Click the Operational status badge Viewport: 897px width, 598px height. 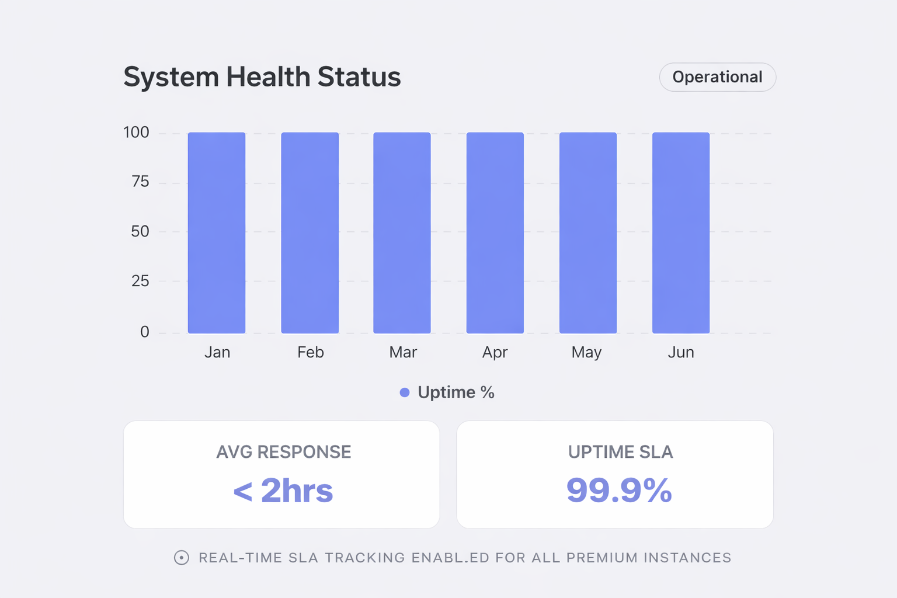click(x=717, y=77)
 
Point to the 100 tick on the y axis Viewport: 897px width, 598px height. click(x=136, y=133)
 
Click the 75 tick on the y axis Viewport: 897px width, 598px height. click(x=140, y=182)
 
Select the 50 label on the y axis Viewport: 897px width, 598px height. click(x=140, y=232)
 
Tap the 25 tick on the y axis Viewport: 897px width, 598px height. click(x=140, y=281)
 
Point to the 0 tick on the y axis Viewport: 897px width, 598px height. click(x=144, y=332)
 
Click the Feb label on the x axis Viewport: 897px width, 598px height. click(x=310, y=352)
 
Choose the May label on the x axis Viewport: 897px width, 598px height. click(x=586, y=352)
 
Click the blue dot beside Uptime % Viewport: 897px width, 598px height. click(x=404, y=392)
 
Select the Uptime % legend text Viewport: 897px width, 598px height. click(x=456, y=392)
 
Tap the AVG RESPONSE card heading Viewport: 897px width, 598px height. click(x=284, y=452)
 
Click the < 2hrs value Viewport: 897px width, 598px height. click(x=283, y=491)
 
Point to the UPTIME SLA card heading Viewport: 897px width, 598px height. click(x=620, y=452)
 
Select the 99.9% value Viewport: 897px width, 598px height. click(x=619, y=491)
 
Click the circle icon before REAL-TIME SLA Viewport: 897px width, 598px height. click(x=182, y=558)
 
